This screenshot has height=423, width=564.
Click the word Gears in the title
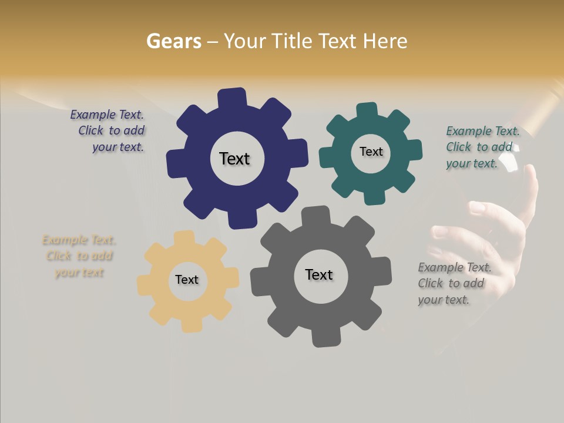tap(174, 42)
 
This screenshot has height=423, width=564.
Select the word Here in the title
tap(385, 42)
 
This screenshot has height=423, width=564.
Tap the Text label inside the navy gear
tap(234, 159)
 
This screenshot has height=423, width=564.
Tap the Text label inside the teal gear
tap(371, 152)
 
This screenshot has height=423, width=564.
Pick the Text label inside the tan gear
tap(187, 280)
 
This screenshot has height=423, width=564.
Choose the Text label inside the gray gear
tap(319, 274)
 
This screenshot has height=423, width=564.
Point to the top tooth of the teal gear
tap(367, 111)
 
